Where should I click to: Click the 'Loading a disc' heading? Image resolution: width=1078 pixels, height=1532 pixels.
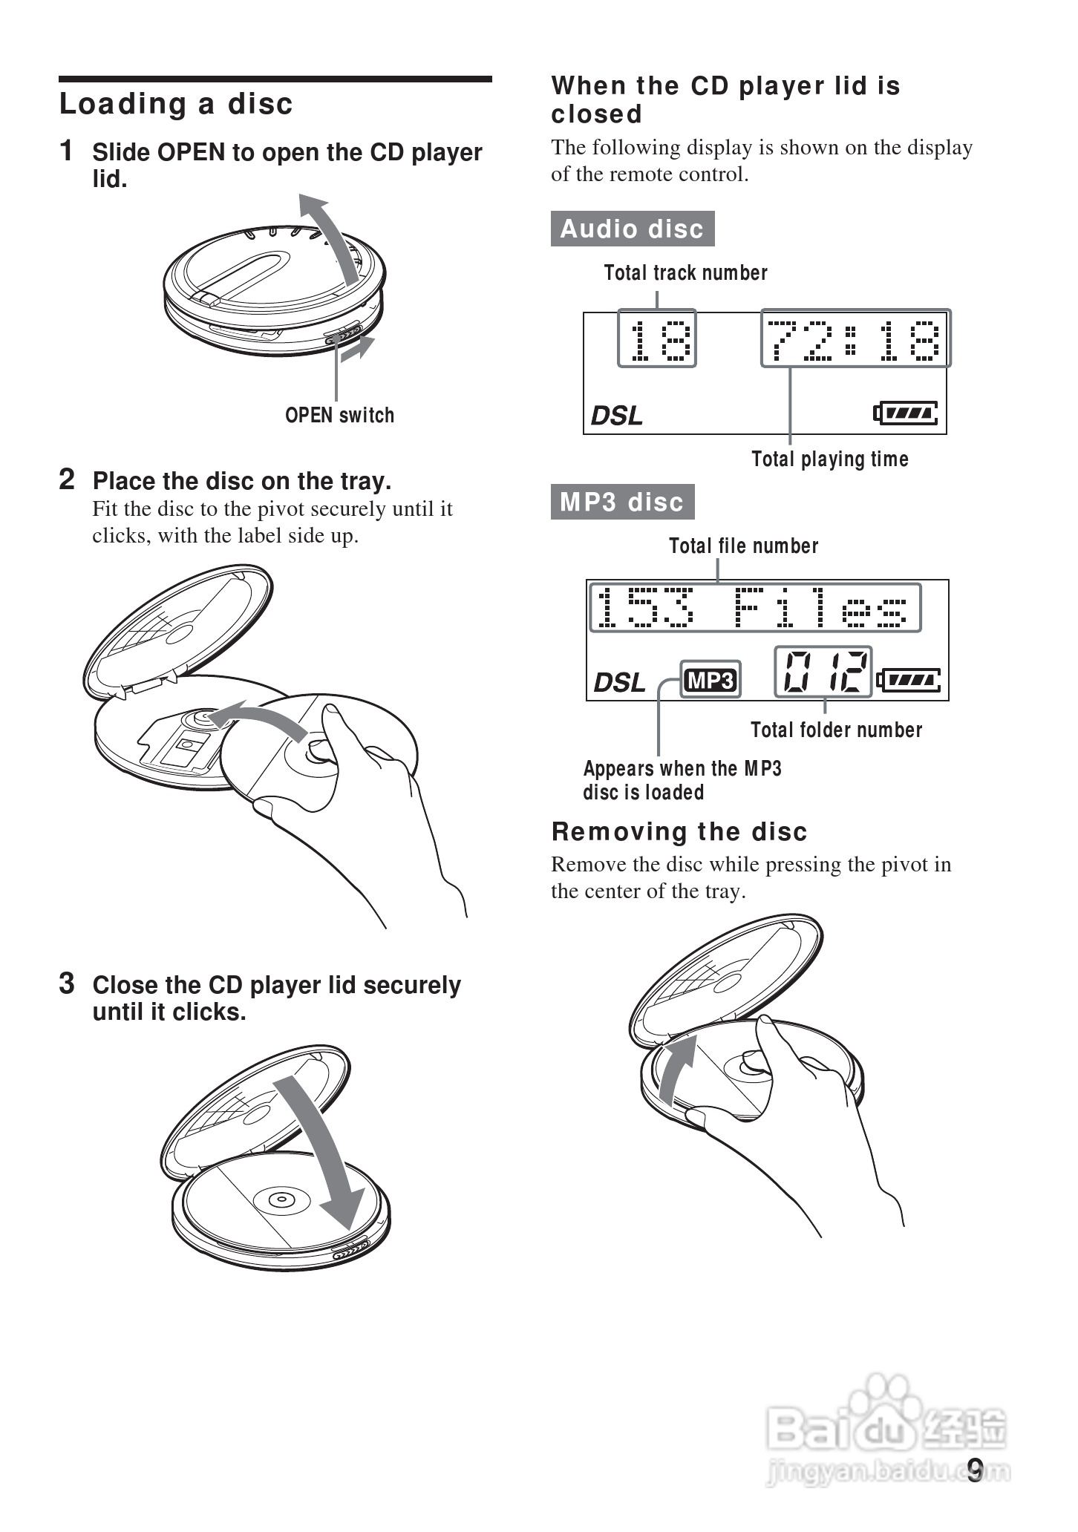point(176,104)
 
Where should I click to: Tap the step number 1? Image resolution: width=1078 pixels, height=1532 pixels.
point(67,151)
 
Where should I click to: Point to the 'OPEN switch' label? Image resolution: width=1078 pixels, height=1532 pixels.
point(339,416)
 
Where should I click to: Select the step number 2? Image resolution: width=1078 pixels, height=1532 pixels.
point(67,479)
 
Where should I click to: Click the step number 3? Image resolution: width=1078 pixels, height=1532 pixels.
point(67,983)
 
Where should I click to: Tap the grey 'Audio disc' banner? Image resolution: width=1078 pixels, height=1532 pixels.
point(633,229)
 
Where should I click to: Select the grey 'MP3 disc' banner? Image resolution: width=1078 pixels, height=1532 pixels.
point(622,502)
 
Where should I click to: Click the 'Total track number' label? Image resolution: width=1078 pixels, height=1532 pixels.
point(685,273)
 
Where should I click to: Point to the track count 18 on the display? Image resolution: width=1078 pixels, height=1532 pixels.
point(657,338)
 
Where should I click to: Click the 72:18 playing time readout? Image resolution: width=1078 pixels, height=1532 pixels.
point(855,338)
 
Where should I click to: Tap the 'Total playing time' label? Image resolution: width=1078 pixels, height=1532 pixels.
point(829,459)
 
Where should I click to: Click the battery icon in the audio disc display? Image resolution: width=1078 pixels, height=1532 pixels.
point(906,413)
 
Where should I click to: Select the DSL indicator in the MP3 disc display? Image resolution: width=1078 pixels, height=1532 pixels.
point(620,682)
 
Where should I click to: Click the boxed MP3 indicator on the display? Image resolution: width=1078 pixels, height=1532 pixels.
point(711,680)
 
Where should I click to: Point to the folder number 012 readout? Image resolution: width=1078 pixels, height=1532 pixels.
point(823,672)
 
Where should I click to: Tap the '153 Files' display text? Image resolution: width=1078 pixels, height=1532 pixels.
point(755,608)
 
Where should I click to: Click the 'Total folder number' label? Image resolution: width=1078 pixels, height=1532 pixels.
point(836,730)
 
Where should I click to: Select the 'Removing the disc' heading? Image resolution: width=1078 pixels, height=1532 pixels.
point(679,832)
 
